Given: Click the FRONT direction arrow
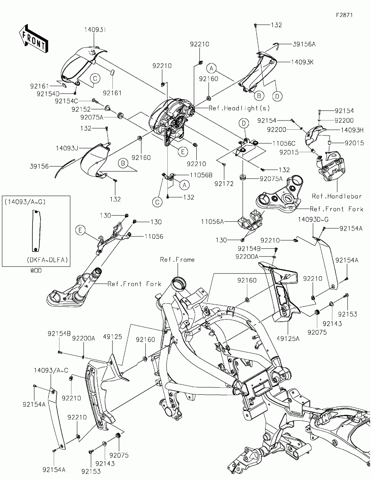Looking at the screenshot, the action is [33, 39].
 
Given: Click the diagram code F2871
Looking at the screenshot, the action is [344, 15].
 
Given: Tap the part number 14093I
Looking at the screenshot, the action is [95, 30].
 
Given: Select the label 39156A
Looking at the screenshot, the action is [304, 44].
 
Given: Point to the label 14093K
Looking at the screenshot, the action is [302, 62].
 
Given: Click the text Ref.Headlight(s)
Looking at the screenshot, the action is [239, 108].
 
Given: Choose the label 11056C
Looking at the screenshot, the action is [284, 143].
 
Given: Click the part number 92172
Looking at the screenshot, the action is [224, 183].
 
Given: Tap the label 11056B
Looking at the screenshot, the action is [201, 175].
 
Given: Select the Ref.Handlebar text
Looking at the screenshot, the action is [337, 196].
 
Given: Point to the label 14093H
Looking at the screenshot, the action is [352, 130].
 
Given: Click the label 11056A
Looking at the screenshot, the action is [212, 221].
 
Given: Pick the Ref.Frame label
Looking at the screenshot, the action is [177, 260].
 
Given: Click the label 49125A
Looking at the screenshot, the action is [288, 339].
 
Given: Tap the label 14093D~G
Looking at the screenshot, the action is [313, 219].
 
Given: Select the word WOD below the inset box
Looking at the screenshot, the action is [36, 270].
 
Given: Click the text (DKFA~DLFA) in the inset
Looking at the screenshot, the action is [47, 260].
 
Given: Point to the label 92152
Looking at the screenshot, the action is [81, 109].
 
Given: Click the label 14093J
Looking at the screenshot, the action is [67, 148].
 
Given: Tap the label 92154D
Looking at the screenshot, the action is [48, 94].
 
